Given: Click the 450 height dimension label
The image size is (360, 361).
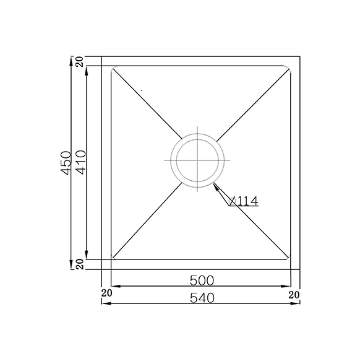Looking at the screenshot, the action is click(66, 163).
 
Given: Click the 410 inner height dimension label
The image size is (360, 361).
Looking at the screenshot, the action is click(81, 162).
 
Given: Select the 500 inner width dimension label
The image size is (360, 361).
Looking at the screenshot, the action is click(202, 281).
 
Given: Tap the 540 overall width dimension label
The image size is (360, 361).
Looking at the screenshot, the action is click(202, 298).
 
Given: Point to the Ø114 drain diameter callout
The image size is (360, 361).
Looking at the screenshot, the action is click(244, 201).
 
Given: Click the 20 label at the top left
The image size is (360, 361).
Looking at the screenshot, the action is click(80, 62).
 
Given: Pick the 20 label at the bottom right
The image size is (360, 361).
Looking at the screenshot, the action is click(294, 295).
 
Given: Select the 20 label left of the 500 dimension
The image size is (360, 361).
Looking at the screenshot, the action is click(106, 293).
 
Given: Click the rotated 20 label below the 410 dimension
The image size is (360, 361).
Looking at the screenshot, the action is click(80, 264).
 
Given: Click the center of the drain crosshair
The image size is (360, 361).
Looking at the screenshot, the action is click(197, 160).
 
